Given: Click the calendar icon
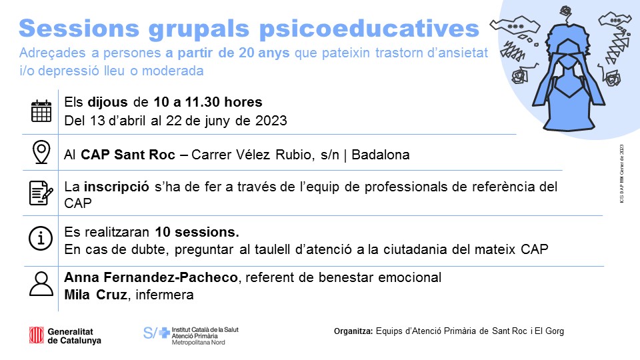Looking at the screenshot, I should (41, 111).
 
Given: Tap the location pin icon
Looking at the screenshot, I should (41, 153).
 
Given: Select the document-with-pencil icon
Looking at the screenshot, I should (41, 193).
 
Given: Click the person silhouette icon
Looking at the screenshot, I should (41, 283).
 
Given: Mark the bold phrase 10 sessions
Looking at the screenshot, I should (197, 233).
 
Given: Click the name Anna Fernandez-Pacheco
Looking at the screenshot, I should (154, 277).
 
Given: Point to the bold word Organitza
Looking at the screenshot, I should (353, 331).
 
